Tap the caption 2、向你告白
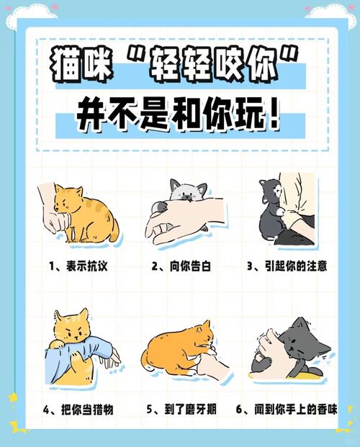click(x=181, y=266)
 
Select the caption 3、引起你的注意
click(x=287, y=266)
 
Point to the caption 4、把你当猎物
click(x=78, y=410)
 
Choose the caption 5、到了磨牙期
click(x=181, y=410)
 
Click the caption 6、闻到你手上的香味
click(x=287, y=410)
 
